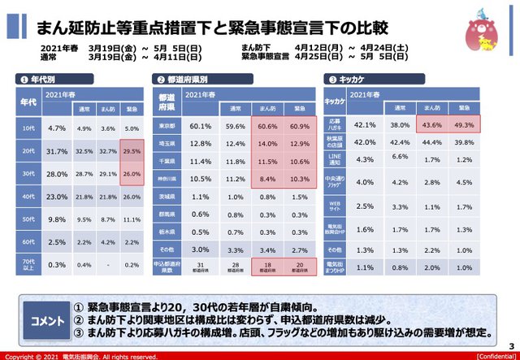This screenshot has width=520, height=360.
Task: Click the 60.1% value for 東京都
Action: click(x=200, y=126)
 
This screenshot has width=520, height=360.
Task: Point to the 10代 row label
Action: click(x=28, y=128)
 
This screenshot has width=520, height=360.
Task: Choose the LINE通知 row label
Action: click(x=336, y=160)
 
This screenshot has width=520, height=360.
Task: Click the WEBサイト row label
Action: click(x=336, y=206)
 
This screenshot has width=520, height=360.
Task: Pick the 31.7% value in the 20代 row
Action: click(x=56, y=151)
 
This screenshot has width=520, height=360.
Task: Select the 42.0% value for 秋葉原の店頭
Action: click(x=365, y=143)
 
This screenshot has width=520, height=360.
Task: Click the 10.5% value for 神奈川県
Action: click(x=200, y=179)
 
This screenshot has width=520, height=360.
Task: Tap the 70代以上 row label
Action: click(x=28, y=264)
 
